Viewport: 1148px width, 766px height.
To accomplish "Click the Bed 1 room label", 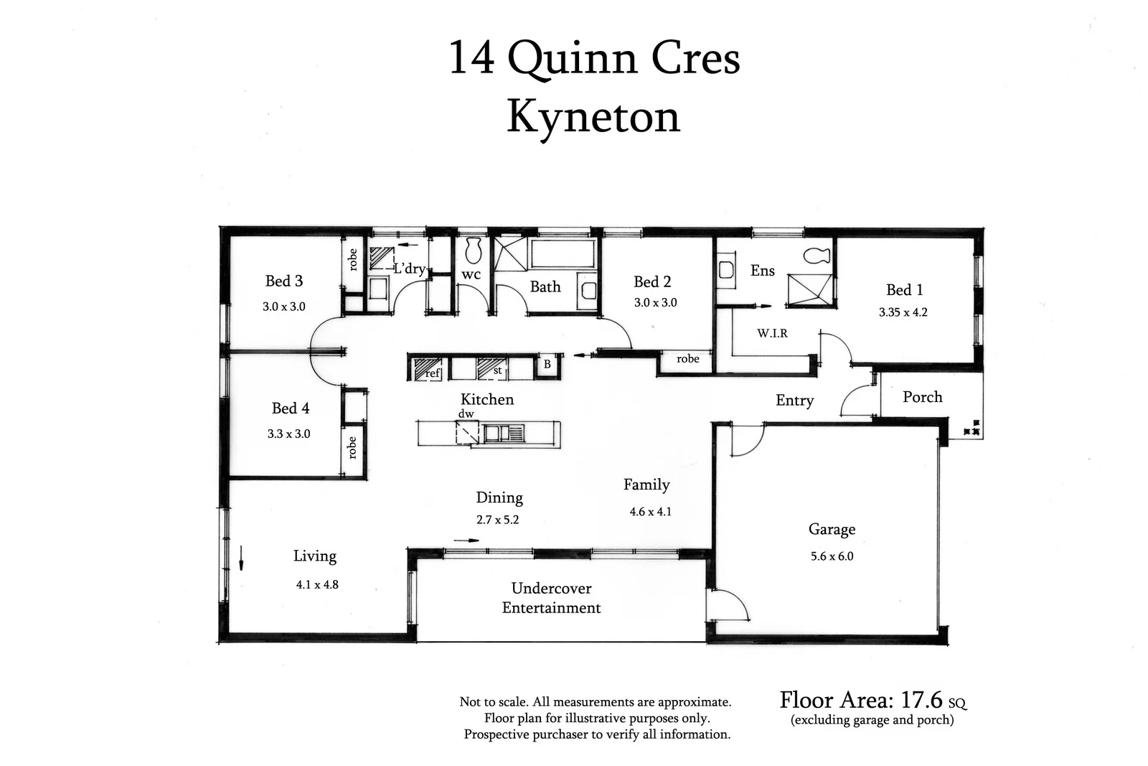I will point(904,290).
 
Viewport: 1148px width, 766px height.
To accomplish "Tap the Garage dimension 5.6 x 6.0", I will point(832,556).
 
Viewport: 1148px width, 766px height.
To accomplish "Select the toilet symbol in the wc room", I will point(472,251).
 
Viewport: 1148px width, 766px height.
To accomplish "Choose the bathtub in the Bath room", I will point(563,254).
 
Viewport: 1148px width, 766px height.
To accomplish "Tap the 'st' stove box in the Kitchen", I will point(492,369).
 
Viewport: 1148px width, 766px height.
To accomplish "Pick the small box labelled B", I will point(547,365).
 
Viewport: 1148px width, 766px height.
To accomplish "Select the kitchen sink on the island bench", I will point(504,433).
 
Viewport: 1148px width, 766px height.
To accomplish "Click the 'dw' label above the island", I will point(466,414).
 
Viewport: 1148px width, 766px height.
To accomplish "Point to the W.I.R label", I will point(772,334).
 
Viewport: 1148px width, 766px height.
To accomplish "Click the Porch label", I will point(922,397).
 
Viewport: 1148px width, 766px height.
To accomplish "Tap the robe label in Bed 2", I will point(687,359).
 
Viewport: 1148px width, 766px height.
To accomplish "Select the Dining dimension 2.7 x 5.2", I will point(497,520).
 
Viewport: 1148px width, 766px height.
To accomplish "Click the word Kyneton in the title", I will point(593,116).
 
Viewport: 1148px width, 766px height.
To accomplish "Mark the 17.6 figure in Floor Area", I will point(921,699).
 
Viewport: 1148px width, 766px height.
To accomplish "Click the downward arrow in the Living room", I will point(241,558).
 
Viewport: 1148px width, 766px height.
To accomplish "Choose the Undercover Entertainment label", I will point(551,598).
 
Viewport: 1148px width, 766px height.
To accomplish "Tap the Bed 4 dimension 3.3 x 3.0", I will point(288,434).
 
